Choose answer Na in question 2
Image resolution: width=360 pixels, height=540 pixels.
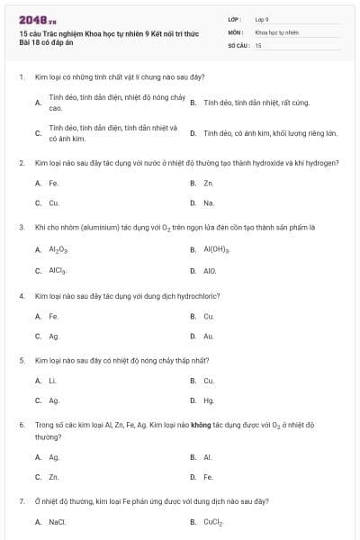pos(209,202)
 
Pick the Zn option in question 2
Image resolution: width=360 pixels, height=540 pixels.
pos(208,183)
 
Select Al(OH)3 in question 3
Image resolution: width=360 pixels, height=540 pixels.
pos(217,249)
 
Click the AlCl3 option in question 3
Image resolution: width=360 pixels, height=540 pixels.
pos(58,270)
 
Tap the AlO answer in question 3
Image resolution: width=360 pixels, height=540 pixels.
pos(210,270)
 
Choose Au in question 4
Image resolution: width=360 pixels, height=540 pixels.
pos(209,336)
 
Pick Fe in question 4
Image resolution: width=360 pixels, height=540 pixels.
pos(54,316)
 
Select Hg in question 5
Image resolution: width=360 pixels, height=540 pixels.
pos(209,400)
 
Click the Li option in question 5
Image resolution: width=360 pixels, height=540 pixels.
pos(53,381)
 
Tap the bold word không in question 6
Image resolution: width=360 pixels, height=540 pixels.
pos(200,423)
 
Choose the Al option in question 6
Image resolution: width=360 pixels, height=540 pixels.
pos(208,457)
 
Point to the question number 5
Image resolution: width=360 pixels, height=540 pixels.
pos(21,360)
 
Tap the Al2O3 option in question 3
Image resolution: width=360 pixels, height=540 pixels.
pos(58,249)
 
